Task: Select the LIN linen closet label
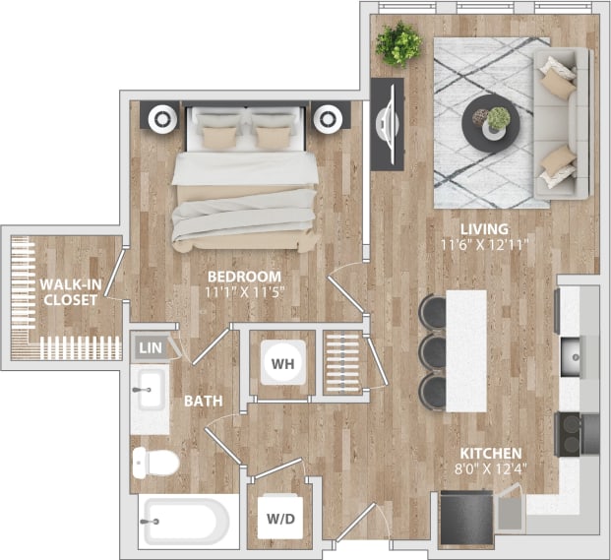tap(150, 347)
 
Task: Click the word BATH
tap(202, 401)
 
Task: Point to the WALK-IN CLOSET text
tap(69, 292)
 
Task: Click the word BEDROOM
tap(245, 277)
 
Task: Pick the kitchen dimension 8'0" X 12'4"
tap(488, 469)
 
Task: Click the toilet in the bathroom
tap(154, 460)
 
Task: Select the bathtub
tap(185, 520)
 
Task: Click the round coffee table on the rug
tap(488, 122)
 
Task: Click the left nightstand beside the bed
tap(159, 117)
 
